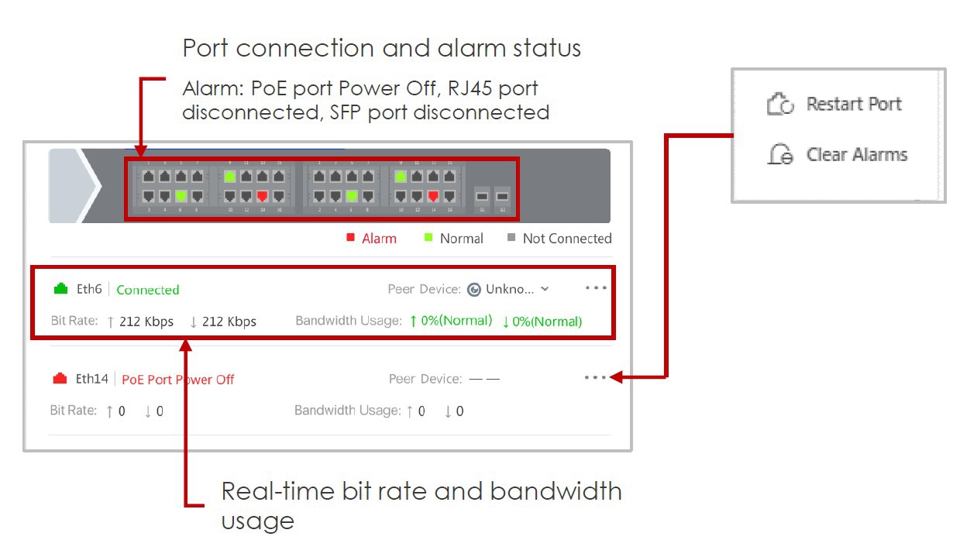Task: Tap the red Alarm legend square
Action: [x=350, y=238]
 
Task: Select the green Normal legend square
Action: [x=428, y=238]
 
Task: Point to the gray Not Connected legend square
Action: [x=511, y=238]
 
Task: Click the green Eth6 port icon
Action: [x=61, y=289]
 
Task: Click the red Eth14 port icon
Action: [x=60, y=379]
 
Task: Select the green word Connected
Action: [x=148, y=290]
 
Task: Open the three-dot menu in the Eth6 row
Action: [x=596, y=288]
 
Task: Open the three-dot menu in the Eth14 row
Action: [x=596, y=377]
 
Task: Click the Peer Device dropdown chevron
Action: [x=545, y=289]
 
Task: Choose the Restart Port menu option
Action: [x=854, y=104]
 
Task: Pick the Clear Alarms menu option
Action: [x=856, y=154]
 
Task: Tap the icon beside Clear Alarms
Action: [x=780, y=155]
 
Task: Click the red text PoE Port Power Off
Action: [x=178, y=380]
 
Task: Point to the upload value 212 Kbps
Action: [x=146, y=322]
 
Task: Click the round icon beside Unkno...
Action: [x=474, y=290]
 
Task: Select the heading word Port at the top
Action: [x=206, y=48]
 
